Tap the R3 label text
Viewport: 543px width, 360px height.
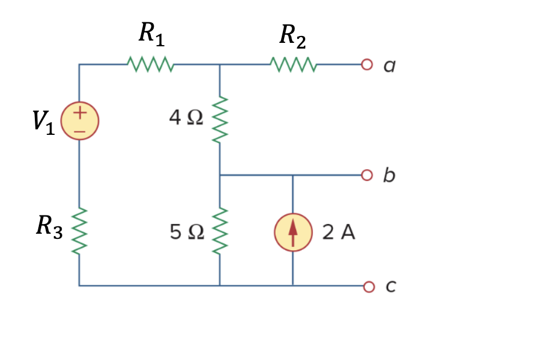tap(49, 226)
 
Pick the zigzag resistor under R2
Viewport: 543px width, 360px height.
tap(292, 65)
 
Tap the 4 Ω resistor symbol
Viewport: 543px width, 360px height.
tap(221, 120)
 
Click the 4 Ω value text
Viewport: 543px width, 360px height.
tap(186, 118)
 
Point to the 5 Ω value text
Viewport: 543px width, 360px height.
tap(186, 232)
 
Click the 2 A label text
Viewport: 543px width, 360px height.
tap(338, 233)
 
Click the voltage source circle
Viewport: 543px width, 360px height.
tap(80, 121)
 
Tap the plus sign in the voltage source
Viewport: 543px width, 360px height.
tap(80, 113)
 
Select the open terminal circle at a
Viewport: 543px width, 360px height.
tap(366, 65)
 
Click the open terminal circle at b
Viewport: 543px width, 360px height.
tap(366, 174)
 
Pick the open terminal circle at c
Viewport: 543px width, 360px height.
tap(366, 285)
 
